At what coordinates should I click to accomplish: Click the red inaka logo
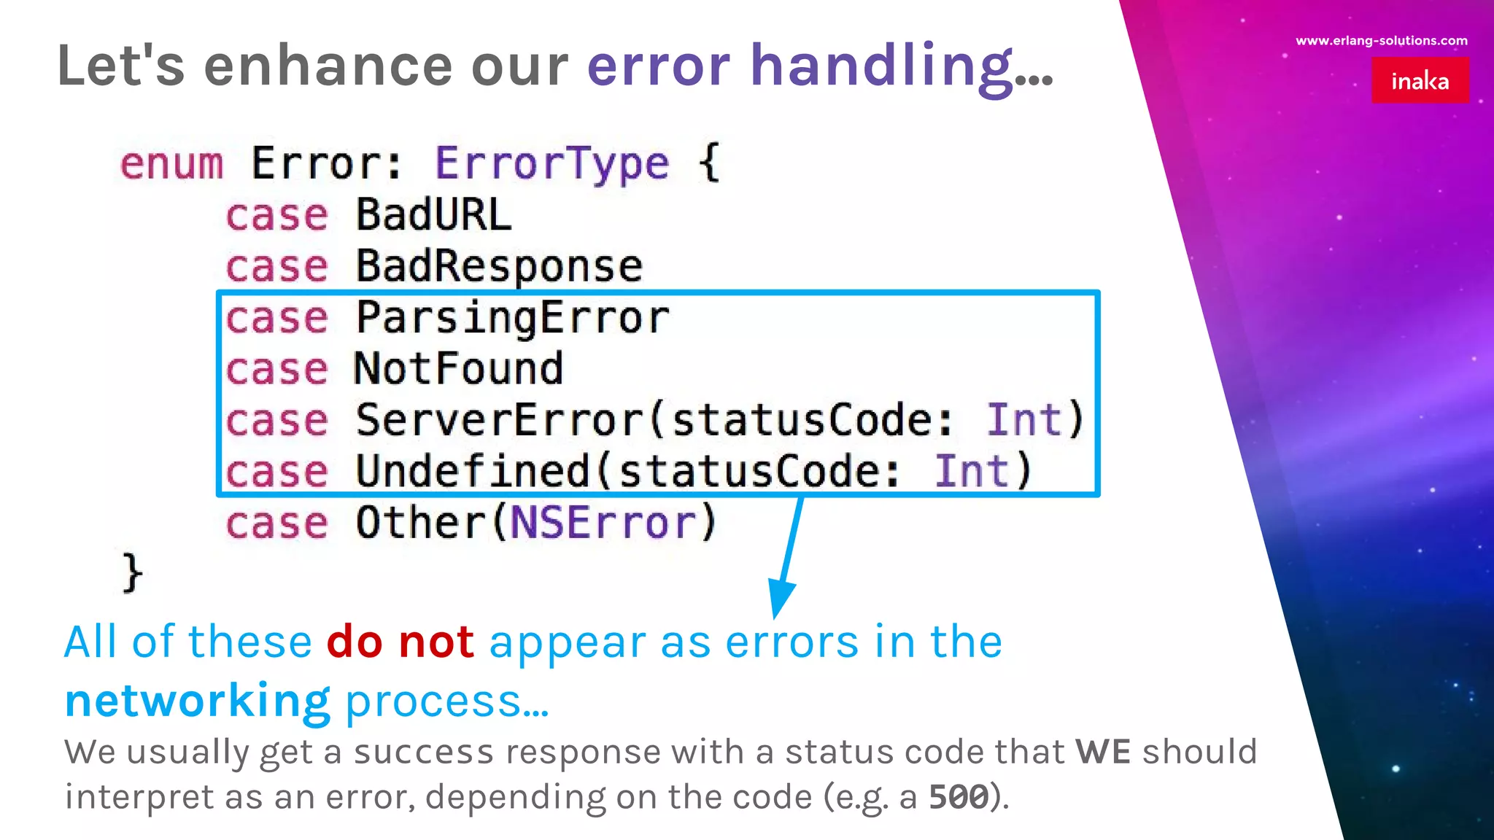(1420, 80)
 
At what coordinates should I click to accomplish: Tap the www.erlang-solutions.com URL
(1381, 41)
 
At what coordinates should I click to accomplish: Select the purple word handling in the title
(882, 66)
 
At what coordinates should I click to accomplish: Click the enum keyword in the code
(171, 163)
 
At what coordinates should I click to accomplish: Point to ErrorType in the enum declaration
(551, 163)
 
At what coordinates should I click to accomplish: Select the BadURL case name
(433, 215)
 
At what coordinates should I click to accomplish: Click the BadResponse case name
(499, 266)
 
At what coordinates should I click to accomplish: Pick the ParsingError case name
(512, 319)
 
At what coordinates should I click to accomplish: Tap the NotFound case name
(459, 369)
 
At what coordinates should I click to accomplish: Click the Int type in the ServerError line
(1023, 420)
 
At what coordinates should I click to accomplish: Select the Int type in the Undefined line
(972, 472)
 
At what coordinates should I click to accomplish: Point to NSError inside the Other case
(603, 523)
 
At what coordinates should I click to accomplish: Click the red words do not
(400, 642)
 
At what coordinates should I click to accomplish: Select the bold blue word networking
(197, 701)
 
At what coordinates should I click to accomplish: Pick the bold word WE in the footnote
(1103, 752)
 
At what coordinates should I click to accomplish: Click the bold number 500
(959, 797)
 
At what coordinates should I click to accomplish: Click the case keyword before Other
(276, 524)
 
